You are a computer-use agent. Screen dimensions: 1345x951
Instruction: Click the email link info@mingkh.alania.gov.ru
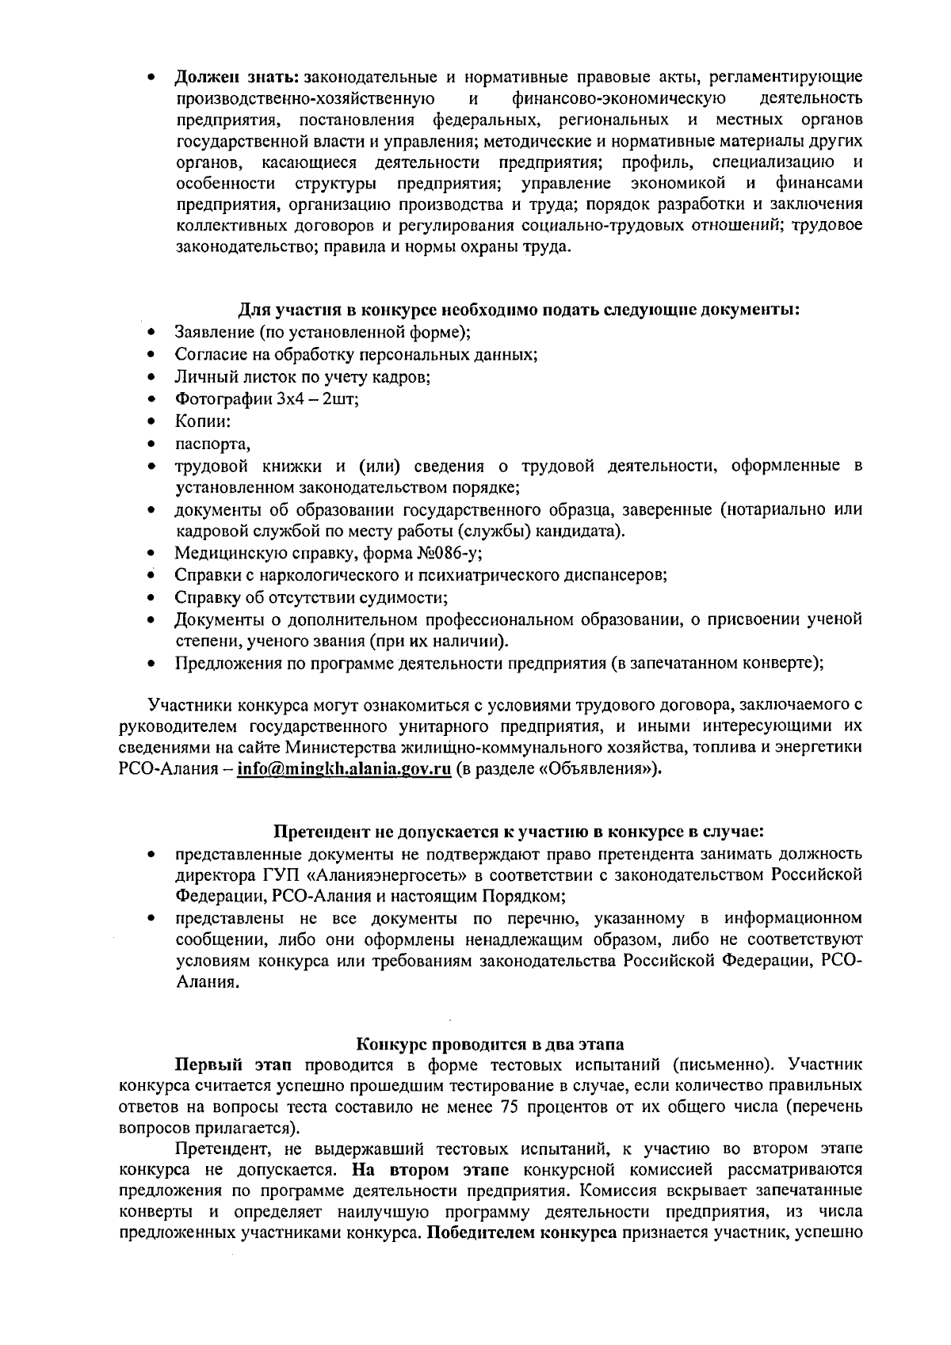click(344, 770)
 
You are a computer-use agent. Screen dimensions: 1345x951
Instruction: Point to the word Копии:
click(203, 421)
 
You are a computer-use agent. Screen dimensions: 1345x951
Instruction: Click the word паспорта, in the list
click(212, 444)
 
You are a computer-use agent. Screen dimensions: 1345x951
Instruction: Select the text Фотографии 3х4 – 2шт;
click(267, 399)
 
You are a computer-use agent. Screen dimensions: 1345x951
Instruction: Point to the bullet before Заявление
click(150, 333)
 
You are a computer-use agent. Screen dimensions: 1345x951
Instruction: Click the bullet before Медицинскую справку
click(150, 554)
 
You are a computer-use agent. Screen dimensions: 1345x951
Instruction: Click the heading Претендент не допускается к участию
click(519, 832)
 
